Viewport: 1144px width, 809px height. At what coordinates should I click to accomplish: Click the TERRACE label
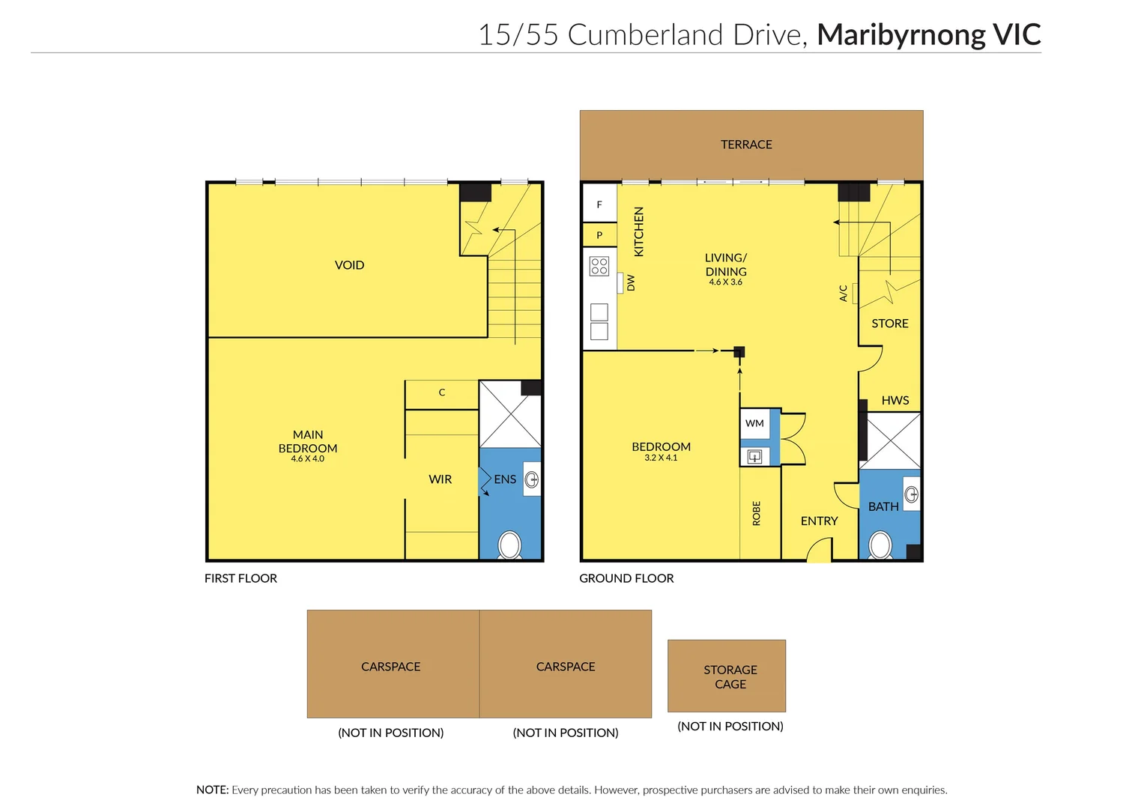746,145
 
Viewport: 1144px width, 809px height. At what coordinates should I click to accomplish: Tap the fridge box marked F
599,204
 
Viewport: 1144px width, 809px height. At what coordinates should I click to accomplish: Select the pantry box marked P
599,235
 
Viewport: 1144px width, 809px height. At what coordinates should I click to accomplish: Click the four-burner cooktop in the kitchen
599,266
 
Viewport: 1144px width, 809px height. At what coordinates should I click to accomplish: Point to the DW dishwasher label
631,282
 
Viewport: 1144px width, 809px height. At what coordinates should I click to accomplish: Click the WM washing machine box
754,423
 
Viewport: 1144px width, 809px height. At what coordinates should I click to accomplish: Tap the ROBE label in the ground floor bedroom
757,513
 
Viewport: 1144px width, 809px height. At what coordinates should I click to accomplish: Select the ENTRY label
819,521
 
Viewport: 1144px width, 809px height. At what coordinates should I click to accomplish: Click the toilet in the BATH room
880,545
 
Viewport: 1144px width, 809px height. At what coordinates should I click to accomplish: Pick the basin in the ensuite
532,479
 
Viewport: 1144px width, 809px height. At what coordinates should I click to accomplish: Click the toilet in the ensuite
510,545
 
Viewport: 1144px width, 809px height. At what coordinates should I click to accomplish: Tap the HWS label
895,400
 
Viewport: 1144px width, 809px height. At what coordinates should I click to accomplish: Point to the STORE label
890,324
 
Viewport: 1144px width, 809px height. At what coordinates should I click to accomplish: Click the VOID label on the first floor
349,265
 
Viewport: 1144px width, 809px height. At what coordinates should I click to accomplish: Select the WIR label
441,479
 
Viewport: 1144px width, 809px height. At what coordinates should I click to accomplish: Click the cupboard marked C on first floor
442,393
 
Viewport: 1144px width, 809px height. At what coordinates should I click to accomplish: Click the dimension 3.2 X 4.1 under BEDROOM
661,458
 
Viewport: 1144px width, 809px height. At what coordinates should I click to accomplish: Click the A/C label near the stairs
844,293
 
